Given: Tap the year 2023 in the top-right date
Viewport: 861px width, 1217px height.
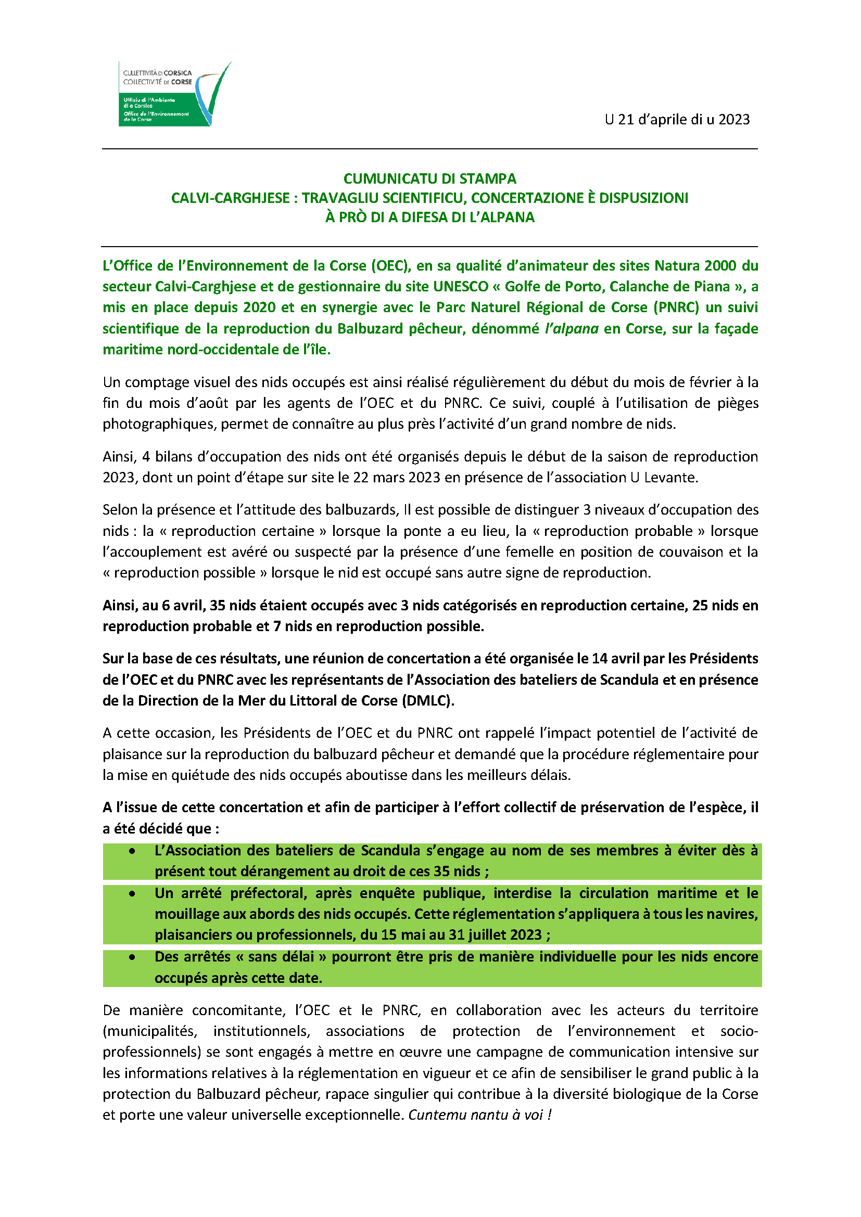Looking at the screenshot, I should coord(734,120).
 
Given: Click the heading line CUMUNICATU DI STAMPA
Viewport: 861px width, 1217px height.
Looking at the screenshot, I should coord(429,178).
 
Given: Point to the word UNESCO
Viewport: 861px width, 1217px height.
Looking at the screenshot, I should coord(460,287).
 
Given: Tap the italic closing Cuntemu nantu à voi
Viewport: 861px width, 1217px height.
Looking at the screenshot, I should coord(480,1114).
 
